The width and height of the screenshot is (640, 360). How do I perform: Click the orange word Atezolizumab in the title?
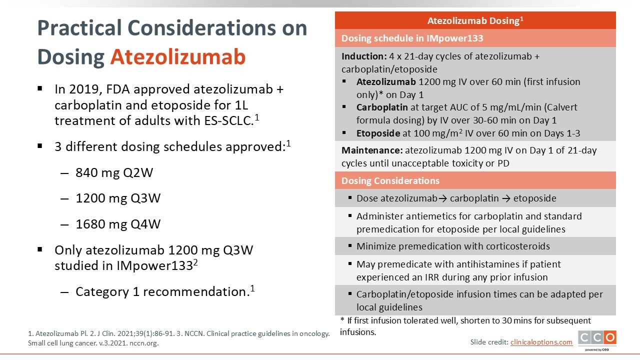(178, 57)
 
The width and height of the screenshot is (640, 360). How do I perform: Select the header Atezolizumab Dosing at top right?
(475, 20)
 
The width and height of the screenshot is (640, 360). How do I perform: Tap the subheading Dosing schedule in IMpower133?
(412, 38)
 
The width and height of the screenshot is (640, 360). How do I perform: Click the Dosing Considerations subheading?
(390, 180)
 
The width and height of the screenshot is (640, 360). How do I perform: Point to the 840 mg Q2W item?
(114, 172)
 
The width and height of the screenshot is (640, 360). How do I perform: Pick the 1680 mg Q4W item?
(118, 224)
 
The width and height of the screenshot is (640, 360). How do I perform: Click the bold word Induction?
(364, 56)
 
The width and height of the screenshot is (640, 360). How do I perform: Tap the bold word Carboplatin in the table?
(382, 107)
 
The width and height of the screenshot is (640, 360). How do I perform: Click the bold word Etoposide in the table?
(378, 133)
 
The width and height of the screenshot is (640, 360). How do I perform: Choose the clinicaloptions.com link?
(541, 342)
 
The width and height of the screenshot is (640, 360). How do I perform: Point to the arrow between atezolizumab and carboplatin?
(442, 198)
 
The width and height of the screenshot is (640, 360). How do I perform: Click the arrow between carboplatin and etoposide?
(506, 198)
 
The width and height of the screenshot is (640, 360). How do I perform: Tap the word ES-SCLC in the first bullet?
(228, 120)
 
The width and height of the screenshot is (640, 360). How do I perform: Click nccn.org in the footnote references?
(143, 343)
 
